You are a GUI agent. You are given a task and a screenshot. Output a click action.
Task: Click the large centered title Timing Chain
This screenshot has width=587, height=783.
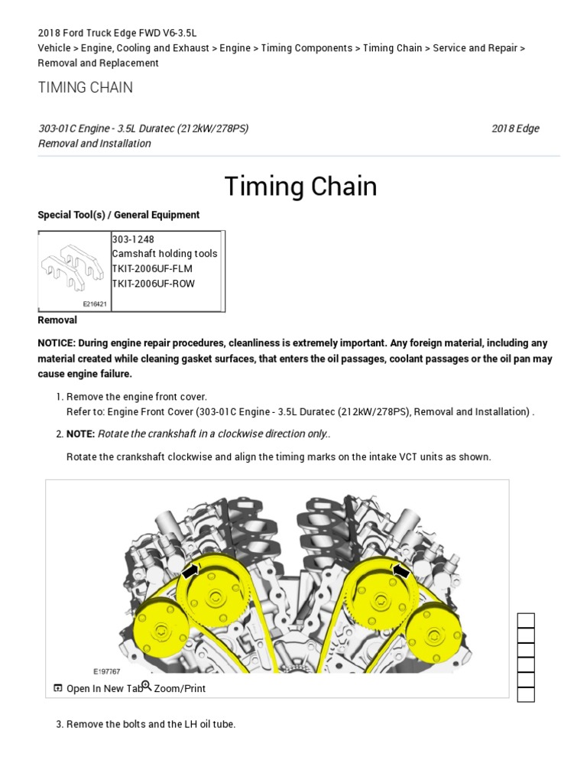click(x=300, y=187)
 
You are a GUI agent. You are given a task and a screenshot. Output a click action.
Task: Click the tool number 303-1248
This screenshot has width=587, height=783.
click(x=132, y=239)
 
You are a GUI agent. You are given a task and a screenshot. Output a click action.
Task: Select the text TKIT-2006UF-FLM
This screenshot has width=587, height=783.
click(x=153, y=268)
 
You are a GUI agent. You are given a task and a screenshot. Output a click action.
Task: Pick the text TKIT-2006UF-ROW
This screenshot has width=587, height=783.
click(x=153, y=284)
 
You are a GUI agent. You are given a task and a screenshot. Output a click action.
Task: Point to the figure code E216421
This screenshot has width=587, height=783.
click(x=95, y=304)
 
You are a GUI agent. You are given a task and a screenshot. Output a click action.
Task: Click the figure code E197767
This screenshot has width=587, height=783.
click(x=107, y=671)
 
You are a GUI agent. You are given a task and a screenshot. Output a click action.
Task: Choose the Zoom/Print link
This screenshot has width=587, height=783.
click(x=179, y=688)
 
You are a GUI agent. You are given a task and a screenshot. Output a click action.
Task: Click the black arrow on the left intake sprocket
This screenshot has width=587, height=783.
click(x=190, y=572)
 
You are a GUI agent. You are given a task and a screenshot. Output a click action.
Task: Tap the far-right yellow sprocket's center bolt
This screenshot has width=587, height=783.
click(x=434, y=633)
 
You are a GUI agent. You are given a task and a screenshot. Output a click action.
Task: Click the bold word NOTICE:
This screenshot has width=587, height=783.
click(x=57, y=343)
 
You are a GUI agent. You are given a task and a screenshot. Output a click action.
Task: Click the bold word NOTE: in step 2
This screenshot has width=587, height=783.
click(x=80, y=434)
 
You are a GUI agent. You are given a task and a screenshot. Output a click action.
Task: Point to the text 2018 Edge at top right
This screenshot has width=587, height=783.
click(x=515, y=128)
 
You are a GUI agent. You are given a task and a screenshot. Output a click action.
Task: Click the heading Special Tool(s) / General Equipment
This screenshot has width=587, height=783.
click(x=118, y=215)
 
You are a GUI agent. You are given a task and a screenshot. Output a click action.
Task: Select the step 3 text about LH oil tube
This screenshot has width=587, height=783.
click(x=151, y=724)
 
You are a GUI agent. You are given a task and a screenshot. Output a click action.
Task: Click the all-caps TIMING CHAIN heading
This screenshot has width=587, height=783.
click(x=85, y=87)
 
